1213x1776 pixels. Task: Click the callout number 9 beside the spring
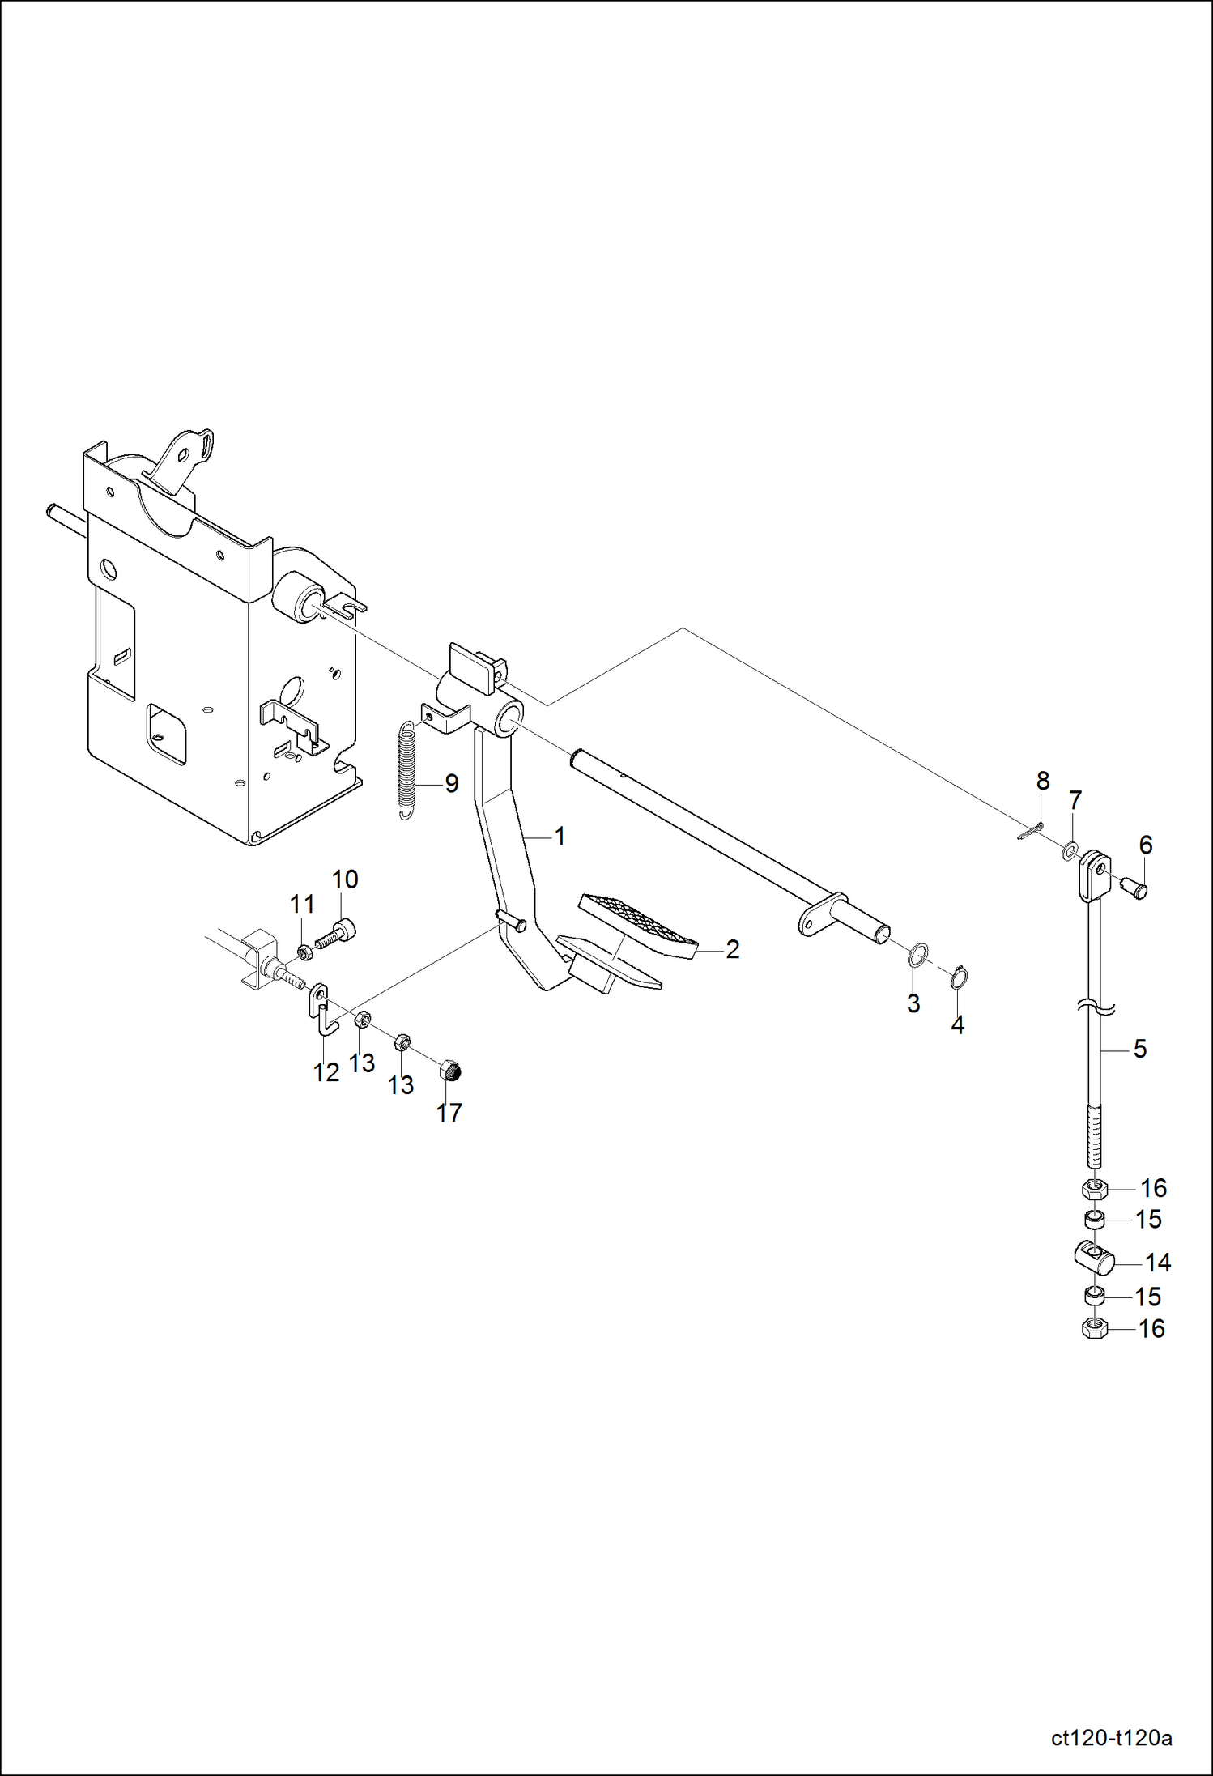[452, 783]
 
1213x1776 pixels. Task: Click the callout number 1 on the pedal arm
[560, 836]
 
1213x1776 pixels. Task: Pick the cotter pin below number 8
[1029, 832]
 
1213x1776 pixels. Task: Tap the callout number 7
[1075, 800]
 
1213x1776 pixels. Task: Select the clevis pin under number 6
[1134, 888]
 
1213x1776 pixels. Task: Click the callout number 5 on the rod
[1140, 1049]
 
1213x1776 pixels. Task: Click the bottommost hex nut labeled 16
[1094, 1328]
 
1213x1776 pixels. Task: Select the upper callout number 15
[1148, 1219]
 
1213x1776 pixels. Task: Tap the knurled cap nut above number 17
[450, 1072]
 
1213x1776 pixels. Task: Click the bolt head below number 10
[347, 928]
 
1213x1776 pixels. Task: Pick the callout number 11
[302, 904]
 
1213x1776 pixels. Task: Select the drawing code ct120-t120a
[1111, 1738]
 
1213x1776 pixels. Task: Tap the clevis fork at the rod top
[1093, 876]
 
